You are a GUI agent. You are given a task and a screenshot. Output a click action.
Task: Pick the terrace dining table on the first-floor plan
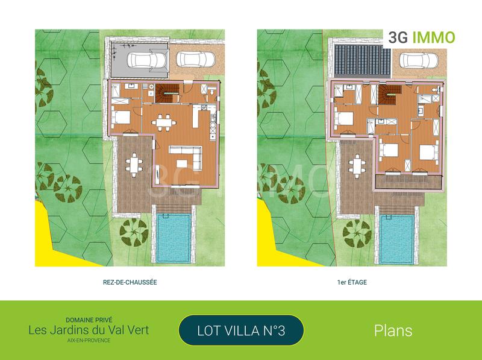click(x=358, y=165)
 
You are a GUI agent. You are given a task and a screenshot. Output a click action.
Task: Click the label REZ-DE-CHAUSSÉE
click(x=130, y=282)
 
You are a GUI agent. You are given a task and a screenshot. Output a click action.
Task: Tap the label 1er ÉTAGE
click(x=352, y=282)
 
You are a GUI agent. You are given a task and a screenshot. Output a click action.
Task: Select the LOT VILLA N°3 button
click(x=241, y=330)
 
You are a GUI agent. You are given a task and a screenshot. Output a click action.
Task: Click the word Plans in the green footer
click(x=393, y=330)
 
